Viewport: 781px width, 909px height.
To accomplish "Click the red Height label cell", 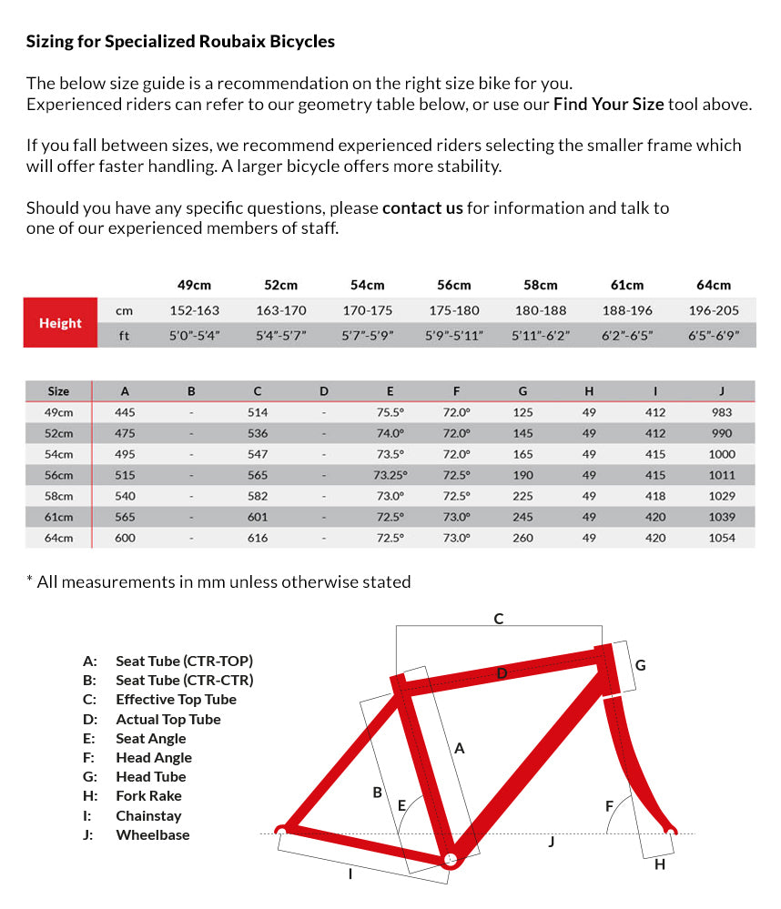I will click(x=60, y=323).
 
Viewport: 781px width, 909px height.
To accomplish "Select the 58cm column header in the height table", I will click(x=541, y=285).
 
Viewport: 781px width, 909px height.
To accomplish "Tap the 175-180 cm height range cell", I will click(x=454, y=310).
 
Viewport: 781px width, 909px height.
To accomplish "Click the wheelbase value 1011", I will click(x=722, y=475).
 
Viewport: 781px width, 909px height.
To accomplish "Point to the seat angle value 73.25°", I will click(x=390, y=475).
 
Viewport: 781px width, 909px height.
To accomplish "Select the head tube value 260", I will click(x=522, y=538).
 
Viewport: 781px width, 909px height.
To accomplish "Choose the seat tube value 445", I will click(x=125, y=412).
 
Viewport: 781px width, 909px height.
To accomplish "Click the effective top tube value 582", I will click(x=258, y=496).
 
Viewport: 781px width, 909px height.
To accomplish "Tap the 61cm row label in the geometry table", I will click(x=58, y=517).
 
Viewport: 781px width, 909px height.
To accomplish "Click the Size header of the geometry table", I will click(x=58, y=391).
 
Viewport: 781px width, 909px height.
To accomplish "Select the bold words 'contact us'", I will click(x=422, y=207).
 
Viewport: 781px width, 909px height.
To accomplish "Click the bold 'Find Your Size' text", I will click(x=608, y=104).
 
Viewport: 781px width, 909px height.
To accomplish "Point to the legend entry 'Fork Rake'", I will click(x=148, y=796).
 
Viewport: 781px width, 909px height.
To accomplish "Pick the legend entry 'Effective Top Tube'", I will click(x=176, y=700).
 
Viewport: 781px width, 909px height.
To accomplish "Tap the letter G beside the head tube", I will click(x=640, y=665).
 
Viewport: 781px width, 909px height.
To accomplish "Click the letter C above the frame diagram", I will click(x=499, y=619).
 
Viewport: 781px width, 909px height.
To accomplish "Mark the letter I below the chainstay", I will click(x=350, y=874).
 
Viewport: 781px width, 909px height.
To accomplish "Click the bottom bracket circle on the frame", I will click(x=448, y=860).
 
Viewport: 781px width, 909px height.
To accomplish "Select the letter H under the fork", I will click(x=660, y=864).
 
